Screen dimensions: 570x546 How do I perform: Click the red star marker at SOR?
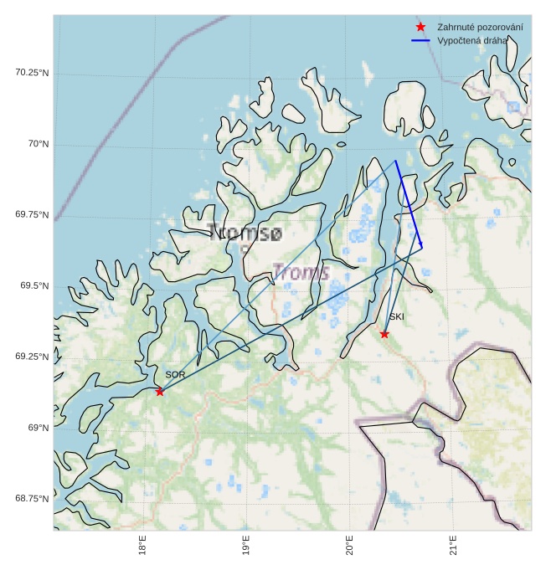tap(160, 392)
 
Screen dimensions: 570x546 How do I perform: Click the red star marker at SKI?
tap(384, 334)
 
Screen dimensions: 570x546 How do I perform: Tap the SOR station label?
tap(175, 375)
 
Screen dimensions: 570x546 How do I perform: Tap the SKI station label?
tap(396, 317)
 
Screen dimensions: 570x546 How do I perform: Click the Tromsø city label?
tap(245, 234)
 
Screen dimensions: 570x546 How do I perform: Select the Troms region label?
tap(302, 272)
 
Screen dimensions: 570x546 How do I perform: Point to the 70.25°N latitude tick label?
tap(32, 73)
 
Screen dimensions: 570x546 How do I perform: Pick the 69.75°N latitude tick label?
tap(32, 215)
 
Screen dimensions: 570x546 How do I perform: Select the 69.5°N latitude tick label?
tap(34, 286)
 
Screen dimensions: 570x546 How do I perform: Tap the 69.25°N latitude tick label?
tap(32, 357)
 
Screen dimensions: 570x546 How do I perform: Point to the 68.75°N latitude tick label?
tap(32, 499)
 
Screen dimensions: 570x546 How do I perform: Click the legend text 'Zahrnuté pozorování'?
tap(480, 28)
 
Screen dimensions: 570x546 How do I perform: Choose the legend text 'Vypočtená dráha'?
tap(472, 40)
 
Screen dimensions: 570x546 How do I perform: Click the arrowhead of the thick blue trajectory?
tap(421, 245)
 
